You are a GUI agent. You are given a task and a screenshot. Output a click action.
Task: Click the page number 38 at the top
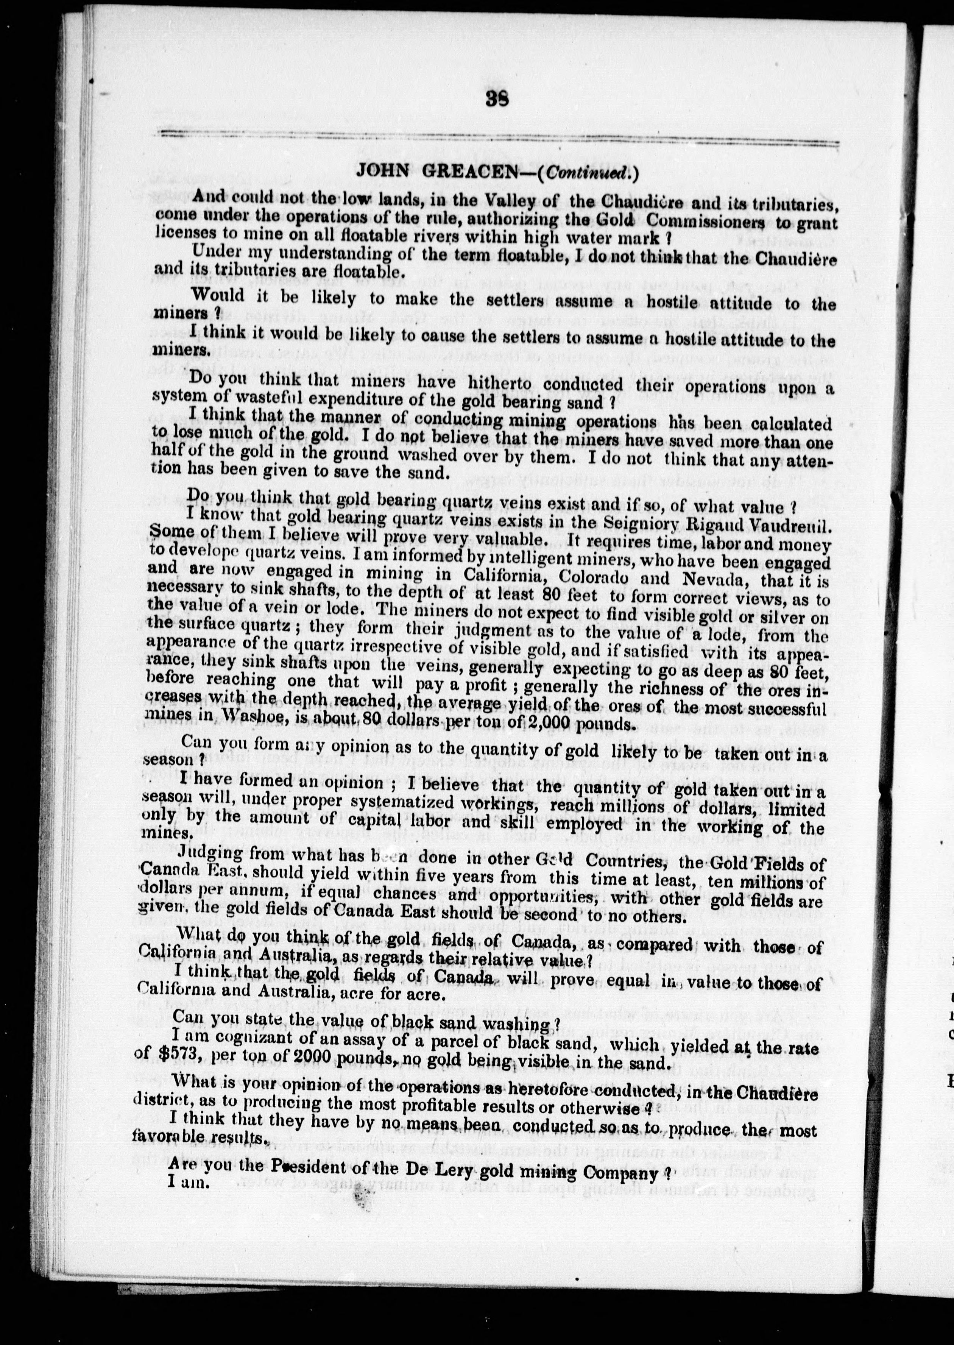(497, 99)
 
